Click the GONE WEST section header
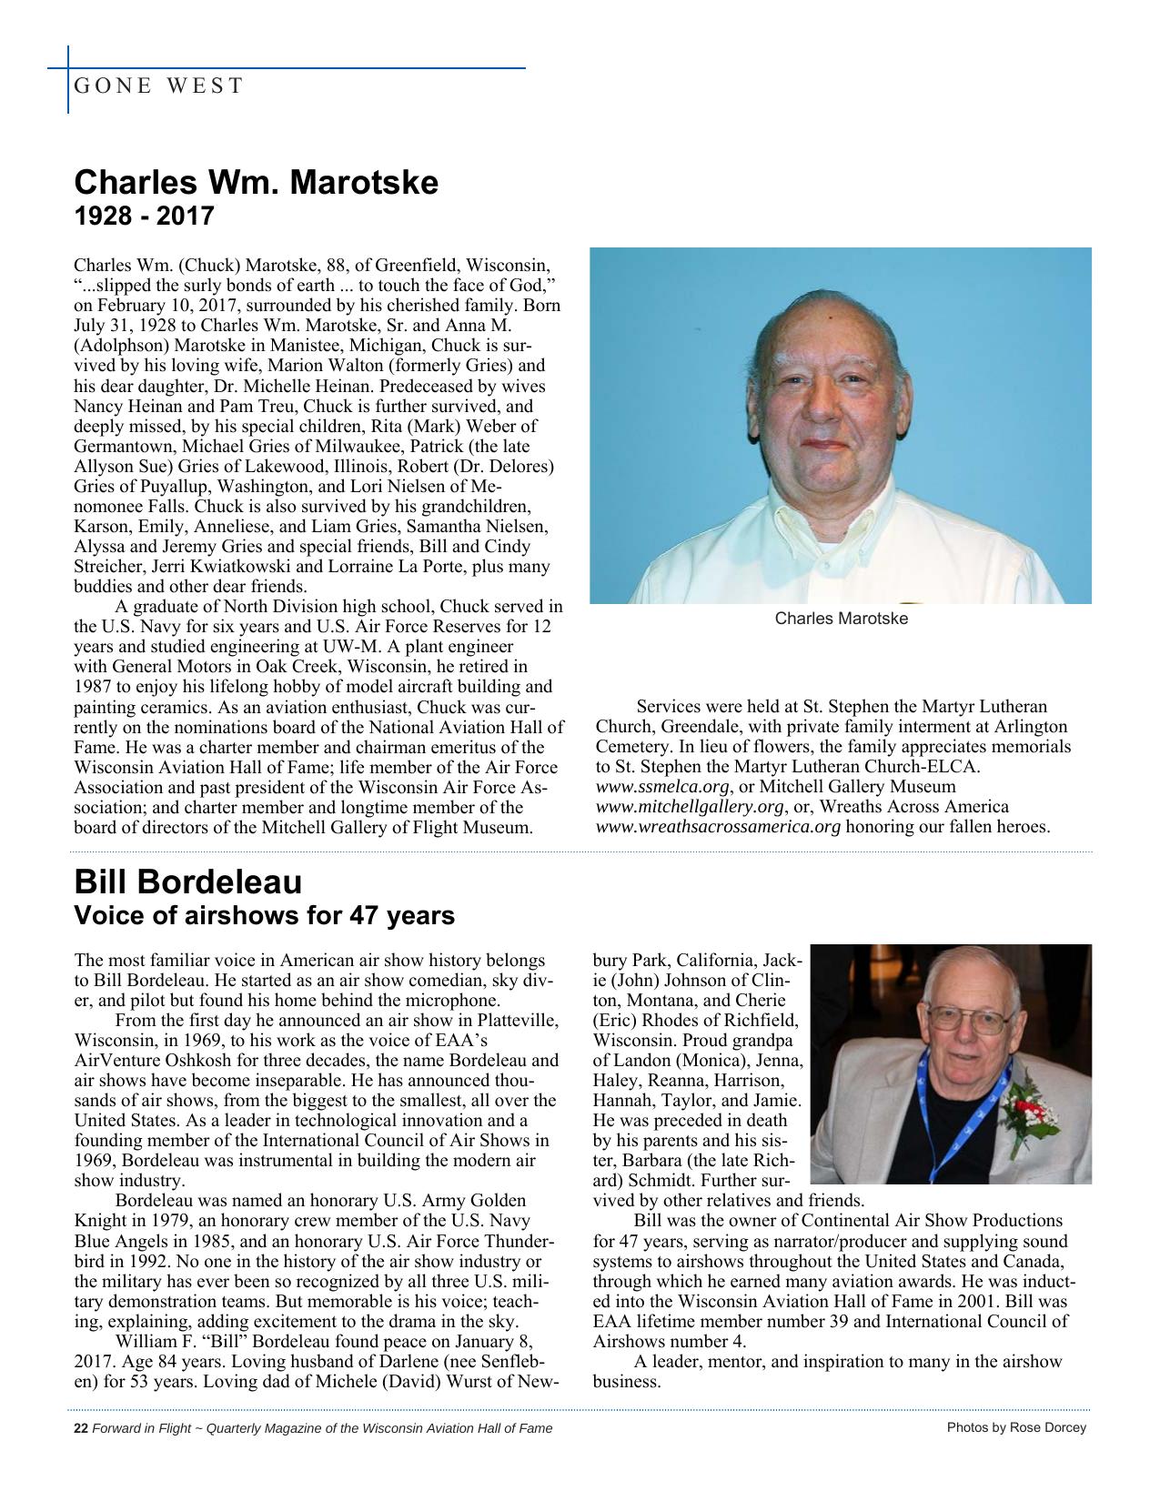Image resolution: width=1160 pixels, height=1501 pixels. point(158,86)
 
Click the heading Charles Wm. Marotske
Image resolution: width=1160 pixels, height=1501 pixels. point(256,182)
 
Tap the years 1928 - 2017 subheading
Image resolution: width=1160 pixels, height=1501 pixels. point(143,217)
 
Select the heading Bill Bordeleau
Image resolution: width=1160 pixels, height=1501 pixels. point(187,881)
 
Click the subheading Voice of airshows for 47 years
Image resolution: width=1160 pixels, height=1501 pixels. point(264,915)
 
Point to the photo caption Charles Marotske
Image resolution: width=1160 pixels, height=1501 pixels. point(841,619)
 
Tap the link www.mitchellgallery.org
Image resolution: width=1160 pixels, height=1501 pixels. point(690,807)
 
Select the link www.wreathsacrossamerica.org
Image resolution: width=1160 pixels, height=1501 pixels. point(718,827)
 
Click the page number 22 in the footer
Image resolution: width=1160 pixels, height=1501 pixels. point(80,1428)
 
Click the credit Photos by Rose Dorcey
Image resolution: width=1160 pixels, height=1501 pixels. point(1016,1427)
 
